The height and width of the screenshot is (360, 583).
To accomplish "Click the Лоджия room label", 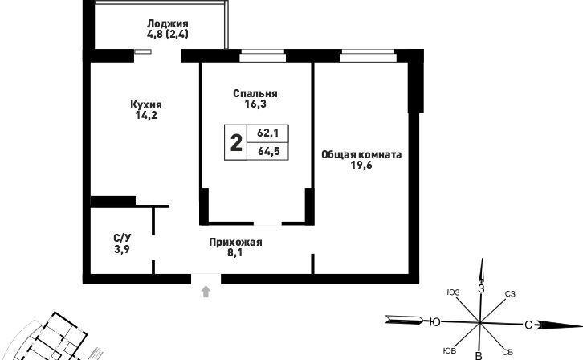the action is click(168, 23).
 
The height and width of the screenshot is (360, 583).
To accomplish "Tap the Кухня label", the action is click(146, 104).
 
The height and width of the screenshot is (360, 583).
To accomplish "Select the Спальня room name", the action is click(255, 93).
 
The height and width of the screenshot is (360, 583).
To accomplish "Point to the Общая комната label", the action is click(361, 154).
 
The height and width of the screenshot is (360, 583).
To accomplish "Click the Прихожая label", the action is click(235, 243).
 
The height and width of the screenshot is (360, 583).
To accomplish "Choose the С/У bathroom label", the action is click(122, 238).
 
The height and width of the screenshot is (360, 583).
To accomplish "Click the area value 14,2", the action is click(146, 115).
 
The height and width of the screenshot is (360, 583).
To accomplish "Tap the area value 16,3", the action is click(255, 104).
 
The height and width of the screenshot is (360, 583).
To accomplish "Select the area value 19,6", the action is click(361, 165).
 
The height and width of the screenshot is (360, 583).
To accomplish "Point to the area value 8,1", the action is click(234, 253).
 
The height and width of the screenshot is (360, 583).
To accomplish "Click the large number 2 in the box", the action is click(236, 143).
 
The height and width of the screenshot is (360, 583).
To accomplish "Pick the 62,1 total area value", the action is click(268, 133).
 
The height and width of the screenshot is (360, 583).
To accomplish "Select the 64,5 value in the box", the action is click(268, 151).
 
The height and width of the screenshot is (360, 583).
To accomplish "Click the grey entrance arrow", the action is click(206, 292).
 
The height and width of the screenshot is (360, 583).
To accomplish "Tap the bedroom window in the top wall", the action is click(263, 56).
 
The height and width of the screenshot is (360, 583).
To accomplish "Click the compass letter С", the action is click(528, 325).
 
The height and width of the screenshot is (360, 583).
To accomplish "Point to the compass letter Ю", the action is click(434, 321).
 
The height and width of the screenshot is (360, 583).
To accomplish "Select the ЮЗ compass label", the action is click(453, 292).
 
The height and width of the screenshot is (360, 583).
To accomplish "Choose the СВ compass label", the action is click(508, 352).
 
